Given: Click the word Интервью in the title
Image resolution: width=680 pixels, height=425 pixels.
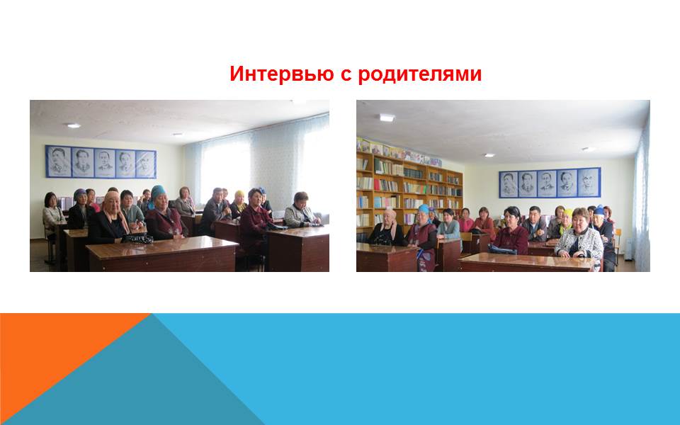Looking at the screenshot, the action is [281, 74].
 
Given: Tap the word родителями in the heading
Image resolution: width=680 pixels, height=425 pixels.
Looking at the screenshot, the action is [420, 74].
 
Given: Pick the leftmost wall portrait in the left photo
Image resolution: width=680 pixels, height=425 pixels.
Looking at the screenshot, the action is [59, 161].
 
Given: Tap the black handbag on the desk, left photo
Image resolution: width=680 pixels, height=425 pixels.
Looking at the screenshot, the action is [137, 238].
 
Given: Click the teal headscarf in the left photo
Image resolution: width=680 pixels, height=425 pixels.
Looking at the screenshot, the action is [158, 191].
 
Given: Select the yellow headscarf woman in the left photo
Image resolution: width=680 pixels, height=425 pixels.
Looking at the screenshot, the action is [238, 204].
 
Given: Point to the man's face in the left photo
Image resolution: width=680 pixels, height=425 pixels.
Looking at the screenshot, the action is [218, 195].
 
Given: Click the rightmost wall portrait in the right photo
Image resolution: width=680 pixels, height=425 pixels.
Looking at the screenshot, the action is [589, 182].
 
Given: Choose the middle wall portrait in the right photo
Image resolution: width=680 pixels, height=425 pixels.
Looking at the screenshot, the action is [547, 183].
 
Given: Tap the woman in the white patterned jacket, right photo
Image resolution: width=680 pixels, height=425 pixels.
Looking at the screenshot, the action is [579, 237].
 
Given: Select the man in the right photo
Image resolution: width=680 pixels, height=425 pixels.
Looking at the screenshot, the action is [535, 225].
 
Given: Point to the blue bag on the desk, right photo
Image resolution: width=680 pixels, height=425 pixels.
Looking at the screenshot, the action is [502, 249].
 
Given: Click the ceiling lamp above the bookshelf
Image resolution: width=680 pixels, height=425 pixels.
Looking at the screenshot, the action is [387, 118].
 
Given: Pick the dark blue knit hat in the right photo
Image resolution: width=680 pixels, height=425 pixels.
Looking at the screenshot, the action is [599, 210].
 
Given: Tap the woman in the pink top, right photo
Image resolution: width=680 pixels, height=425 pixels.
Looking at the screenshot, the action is [465, 221].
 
